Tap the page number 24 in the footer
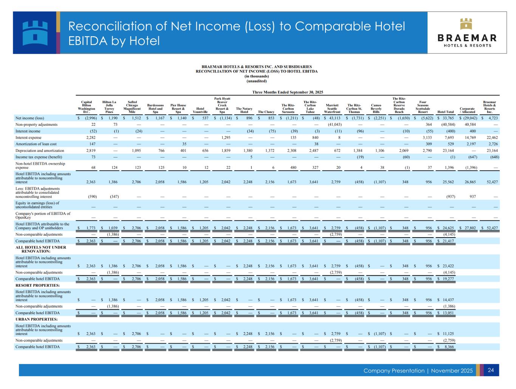[491, 370]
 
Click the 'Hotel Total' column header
[445, 112]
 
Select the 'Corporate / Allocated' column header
[467, 110]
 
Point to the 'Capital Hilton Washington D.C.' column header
[86, 107]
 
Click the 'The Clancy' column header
[266, 112]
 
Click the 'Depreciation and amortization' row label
[39, 150]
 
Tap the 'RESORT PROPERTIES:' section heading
[38, 285]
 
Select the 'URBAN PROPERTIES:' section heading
[37, 319]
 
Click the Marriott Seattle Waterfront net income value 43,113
[335, 118]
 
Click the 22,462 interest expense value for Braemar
[491, 137]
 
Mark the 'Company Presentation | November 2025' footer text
[418, 370]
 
